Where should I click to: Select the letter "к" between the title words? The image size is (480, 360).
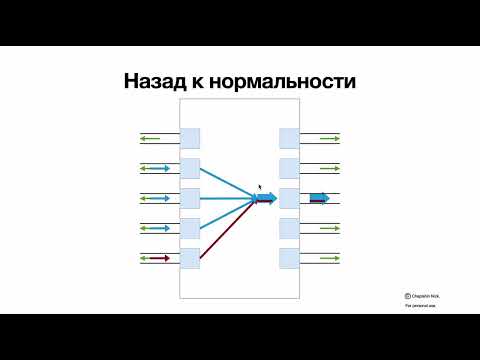[x=205, y=81]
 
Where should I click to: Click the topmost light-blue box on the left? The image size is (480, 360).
[x=189, y=138]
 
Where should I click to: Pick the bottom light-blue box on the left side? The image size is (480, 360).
[x=189, y=258]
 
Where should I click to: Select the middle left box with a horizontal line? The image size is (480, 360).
[x=189, y=198]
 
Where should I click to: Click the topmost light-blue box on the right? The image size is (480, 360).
[x=289, y=138]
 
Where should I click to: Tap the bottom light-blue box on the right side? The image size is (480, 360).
[x=289, y=258]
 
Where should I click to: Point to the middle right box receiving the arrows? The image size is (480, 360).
[x=289, y=198]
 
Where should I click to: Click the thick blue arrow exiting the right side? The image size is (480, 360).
[x=319, y=198]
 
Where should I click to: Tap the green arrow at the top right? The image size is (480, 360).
[x=330, y=138]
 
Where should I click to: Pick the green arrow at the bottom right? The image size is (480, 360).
[x=330, y=258]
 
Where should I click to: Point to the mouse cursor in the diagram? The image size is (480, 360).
[x=260, y=187]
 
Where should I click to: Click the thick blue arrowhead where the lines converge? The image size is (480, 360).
[x=266, y=198]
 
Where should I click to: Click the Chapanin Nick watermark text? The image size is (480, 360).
[x=425, y=295]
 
